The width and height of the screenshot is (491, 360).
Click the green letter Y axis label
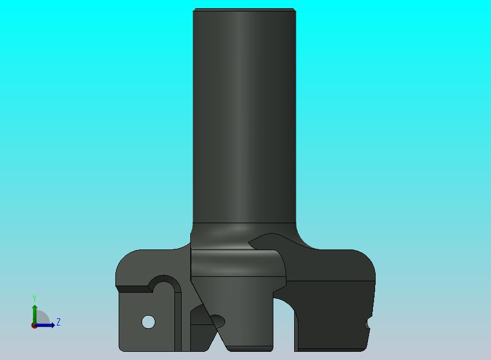(x=34, y=298)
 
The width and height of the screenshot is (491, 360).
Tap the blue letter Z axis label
(x=59, y=322)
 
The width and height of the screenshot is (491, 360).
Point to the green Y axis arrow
(x=35, y=315)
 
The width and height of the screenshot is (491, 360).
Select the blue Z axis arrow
(x=44, y=326)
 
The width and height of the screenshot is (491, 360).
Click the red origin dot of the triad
(x=34, y=326)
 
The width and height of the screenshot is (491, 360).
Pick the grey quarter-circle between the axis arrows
(x=42, y=318)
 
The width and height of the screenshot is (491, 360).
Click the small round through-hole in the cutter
(x=148, y=322)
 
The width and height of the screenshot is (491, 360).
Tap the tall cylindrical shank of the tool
(x=244, y=116)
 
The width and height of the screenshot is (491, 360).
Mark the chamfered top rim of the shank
(x=244, y=10)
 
